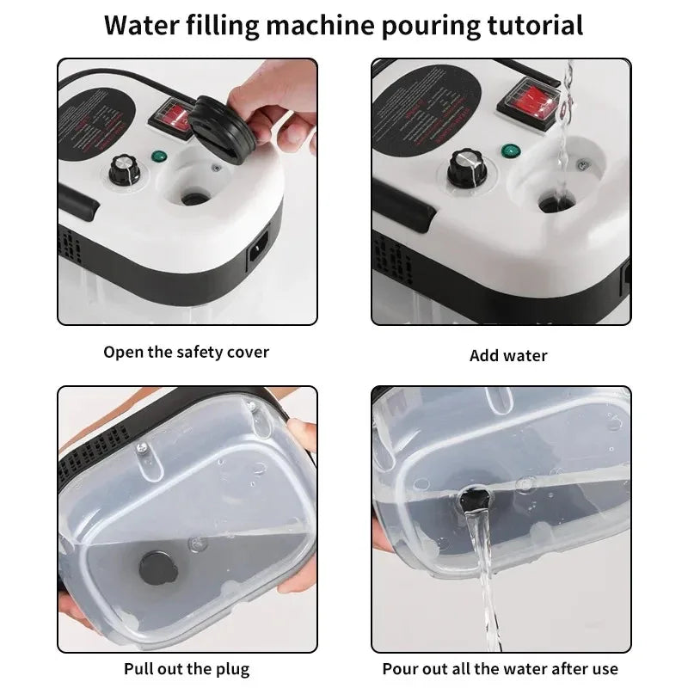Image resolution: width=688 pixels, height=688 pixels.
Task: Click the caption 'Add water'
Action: pos(508,355)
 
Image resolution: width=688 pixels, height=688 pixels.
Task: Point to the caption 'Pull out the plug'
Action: pos(187,668)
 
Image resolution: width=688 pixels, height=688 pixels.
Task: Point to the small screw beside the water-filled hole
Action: pos(586,165)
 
